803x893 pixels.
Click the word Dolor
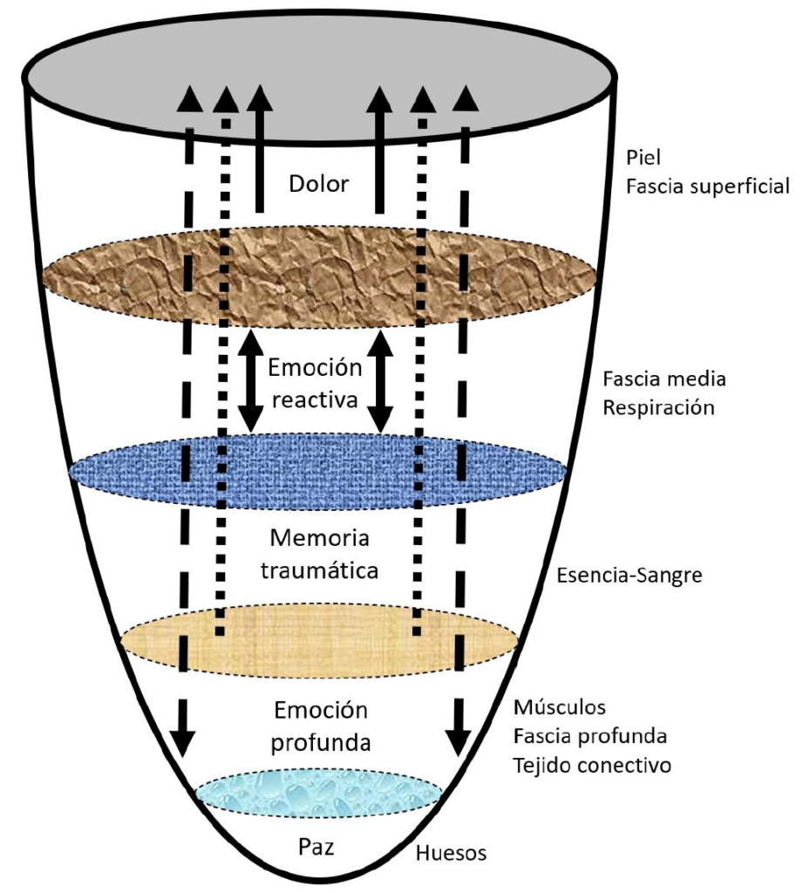tap(318, 184)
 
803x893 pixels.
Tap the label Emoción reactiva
tap(314, 384)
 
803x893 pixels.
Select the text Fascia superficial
tap(707, 187)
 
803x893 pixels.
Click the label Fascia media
tap(664, 379)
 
